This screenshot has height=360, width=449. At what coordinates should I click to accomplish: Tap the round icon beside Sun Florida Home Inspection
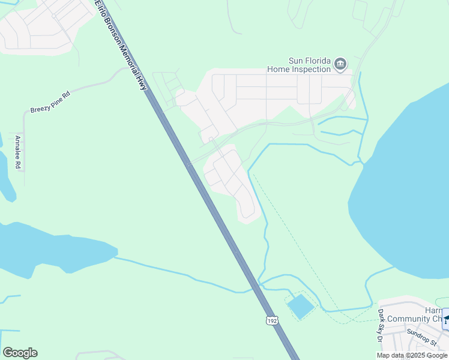point(341,64)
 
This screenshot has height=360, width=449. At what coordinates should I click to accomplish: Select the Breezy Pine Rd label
point(50,102)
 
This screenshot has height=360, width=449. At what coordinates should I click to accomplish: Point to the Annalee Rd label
point(19,152)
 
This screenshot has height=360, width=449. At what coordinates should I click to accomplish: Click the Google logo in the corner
point(20,353)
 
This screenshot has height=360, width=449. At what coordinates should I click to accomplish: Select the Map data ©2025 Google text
point(412,355)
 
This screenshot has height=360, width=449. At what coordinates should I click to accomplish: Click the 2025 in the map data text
point(418,355)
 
